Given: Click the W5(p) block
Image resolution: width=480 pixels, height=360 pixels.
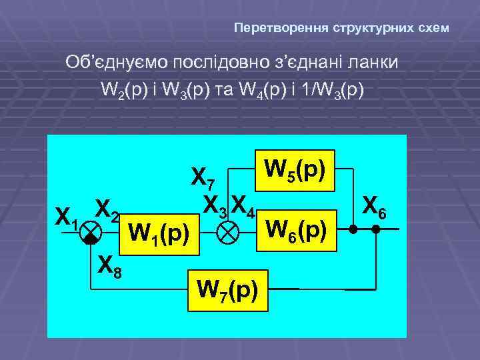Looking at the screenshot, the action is coord(294,170).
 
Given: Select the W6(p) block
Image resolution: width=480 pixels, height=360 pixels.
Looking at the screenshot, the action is coord(296,230).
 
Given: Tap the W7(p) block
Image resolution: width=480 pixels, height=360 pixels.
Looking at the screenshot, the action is coord(227,291).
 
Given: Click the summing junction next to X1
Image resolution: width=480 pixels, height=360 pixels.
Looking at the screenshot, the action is coord(91,233).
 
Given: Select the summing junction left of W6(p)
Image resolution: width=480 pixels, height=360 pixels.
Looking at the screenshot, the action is coord(230,233).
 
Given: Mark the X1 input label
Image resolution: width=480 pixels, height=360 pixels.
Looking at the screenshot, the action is coord(67,216).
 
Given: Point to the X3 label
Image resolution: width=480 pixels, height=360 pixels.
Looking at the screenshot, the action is coord(216,204).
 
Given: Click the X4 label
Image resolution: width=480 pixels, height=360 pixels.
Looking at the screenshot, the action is coord(245,204).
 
